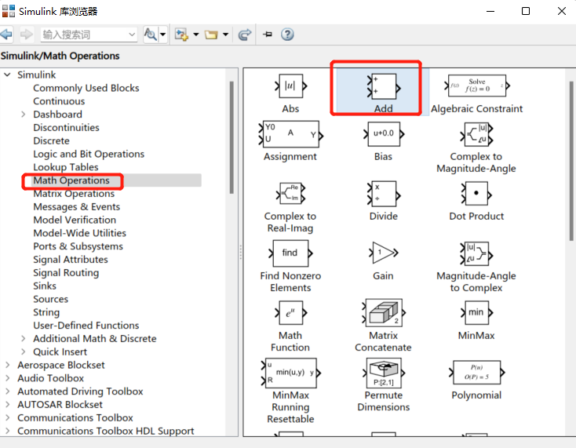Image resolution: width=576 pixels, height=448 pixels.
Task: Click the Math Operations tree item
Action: (71, 180)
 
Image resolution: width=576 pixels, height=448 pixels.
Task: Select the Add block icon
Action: (383, 86)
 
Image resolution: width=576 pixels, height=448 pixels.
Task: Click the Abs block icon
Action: (290, 86)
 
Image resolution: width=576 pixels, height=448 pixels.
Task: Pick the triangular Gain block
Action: (383, 253)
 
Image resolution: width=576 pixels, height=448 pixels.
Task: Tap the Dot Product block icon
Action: (476, 193)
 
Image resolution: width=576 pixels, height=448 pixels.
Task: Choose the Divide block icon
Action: (383, 193)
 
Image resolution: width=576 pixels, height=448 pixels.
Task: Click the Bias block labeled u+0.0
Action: (383, 133)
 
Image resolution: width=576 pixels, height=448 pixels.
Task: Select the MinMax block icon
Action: (476, 312)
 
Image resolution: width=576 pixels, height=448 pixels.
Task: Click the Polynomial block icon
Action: (476, 373)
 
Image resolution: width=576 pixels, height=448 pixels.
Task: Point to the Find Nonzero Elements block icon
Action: (290, 253)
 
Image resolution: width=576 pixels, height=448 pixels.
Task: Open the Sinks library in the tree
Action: (45, 286)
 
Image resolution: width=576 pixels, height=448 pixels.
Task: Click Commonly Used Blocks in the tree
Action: (86, 88)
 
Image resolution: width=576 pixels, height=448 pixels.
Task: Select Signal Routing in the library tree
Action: (66, 272)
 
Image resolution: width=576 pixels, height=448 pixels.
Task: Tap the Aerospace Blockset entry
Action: (61, 365)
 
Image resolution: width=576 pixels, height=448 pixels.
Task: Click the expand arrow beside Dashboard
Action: (24, 115)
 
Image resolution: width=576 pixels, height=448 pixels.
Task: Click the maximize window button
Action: (526, 11)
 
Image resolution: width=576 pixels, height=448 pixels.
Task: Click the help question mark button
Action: (287, 35)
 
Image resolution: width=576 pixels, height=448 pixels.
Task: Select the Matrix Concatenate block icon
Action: (383, 312)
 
